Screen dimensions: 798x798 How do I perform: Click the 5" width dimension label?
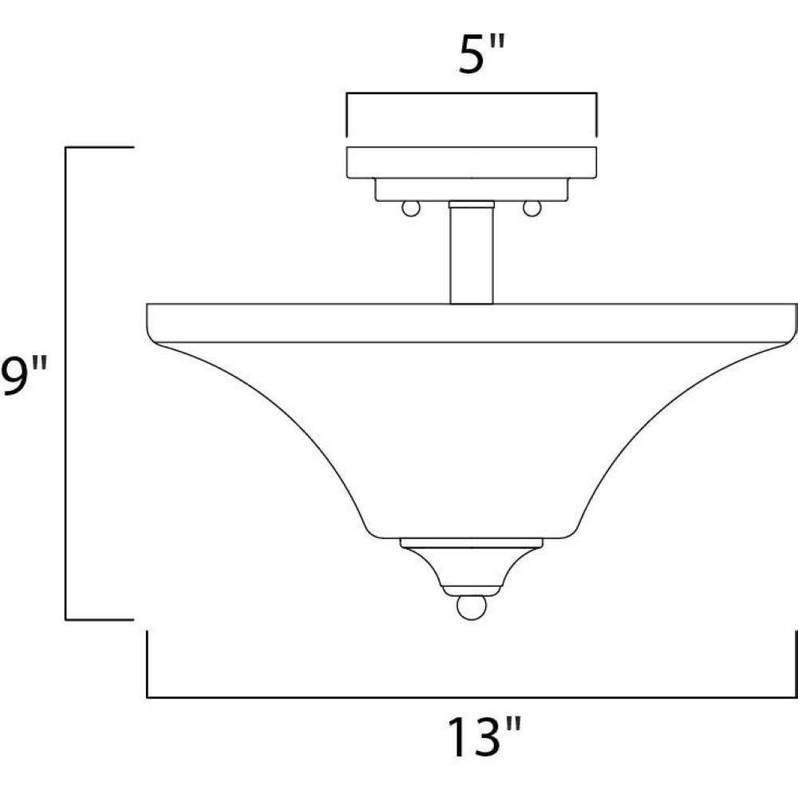coord(480,54)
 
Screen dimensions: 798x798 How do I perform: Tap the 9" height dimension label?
coord(24,375)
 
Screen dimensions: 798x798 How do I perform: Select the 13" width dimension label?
coord(484,736)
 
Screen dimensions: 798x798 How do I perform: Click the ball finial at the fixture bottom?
coord(472,607)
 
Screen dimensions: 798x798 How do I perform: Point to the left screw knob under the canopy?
coord(411,208)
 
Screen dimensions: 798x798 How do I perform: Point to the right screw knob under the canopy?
coord(532,208)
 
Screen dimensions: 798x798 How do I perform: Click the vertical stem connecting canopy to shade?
coord(472,255)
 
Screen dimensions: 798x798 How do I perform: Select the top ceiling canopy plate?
coord(472,162)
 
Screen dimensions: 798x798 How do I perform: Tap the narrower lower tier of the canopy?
coord(472,189)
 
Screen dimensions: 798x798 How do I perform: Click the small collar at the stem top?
coord(472,204)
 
